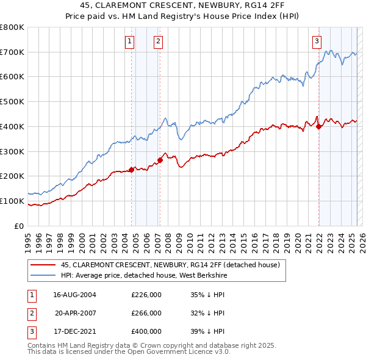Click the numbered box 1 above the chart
pyautogui.click(x=130, y=41)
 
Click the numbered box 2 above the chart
pyautogui.click(x=158, y=41)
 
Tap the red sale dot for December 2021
pyautogui.click(x=318, y=126)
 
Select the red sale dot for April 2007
pyautogui.click(x=160, y=160)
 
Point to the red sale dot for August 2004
pyautogui.click(x=131, y=170)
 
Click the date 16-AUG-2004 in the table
pyautogui.click(x=74, y=295)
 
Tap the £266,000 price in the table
pyautogui.click(x=146, y=313)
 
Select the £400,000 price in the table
pyautogui.click(x=146, y=331)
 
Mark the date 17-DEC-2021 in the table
pyautogui.click(x=74, y=331)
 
